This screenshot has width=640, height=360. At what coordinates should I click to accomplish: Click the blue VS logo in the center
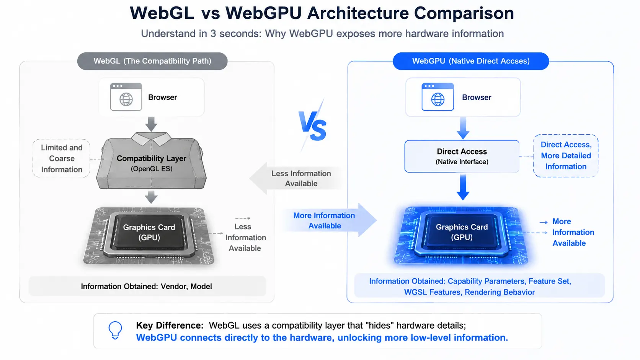(x=312, y=125)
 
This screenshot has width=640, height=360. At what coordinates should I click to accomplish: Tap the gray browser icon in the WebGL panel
(x=126, y=97)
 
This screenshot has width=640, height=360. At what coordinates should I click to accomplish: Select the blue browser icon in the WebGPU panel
(x=438, y=97)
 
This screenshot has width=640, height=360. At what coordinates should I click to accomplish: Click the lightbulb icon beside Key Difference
(x=115, y=330)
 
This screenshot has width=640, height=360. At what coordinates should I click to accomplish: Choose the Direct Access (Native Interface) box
(x=462, y=156)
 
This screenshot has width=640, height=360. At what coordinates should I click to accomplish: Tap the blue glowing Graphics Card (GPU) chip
(x=461, y=235)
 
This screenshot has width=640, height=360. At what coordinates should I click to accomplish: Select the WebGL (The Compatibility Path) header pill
(x=152, y=61)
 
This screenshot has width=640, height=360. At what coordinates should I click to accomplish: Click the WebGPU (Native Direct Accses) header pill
(x=471, y=61)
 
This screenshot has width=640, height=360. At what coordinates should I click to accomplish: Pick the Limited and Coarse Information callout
(x=61, y=158)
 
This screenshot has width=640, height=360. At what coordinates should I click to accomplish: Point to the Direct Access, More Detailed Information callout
(x=566, y=156)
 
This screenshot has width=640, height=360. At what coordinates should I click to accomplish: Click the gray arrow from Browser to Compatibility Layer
(x=151, y=124)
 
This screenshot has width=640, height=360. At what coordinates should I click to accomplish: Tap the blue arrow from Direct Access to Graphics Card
(x=463, y=187)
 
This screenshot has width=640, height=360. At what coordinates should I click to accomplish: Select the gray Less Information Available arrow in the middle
(x=296, y=178)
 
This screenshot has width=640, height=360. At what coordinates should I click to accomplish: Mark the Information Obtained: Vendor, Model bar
(x=147, y=286)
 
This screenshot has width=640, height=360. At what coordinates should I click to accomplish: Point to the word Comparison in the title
(x=464, y=13)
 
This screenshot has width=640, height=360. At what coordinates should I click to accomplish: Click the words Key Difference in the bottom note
(x=170, y=326)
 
